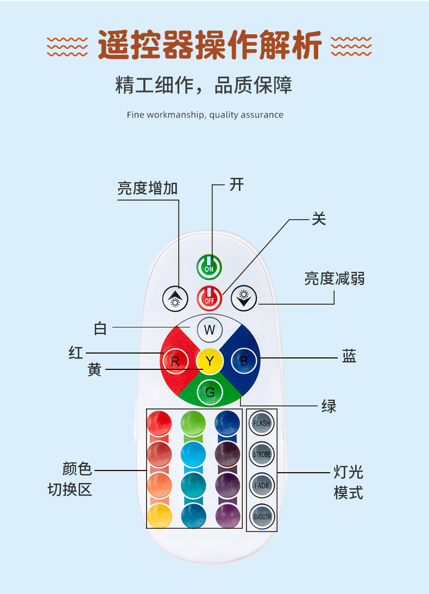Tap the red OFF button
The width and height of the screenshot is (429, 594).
coord(210,298)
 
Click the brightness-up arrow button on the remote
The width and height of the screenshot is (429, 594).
coord(175,298)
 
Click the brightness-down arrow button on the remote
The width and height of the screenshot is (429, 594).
coord(244,298)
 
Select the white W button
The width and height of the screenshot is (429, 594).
coord(210,330)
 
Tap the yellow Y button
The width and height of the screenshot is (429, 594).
coord(210,360)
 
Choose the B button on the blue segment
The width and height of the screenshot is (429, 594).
coord(244,360)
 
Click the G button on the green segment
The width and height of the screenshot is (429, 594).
coord(210,392)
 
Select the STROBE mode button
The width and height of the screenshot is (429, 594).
coord(262,454)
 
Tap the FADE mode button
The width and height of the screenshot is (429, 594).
coord(262,485)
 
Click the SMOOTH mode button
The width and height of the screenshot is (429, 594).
coord(262,516)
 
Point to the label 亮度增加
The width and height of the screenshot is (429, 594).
coord(148,188)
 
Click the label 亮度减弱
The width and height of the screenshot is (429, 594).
coord(334,279)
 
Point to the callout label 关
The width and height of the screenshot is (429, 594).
coord(319,219)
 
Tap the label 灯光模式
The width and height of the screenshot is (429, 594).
coord(348,482)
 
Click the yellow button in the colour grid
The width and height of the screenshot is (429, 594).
coord(160,516)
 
